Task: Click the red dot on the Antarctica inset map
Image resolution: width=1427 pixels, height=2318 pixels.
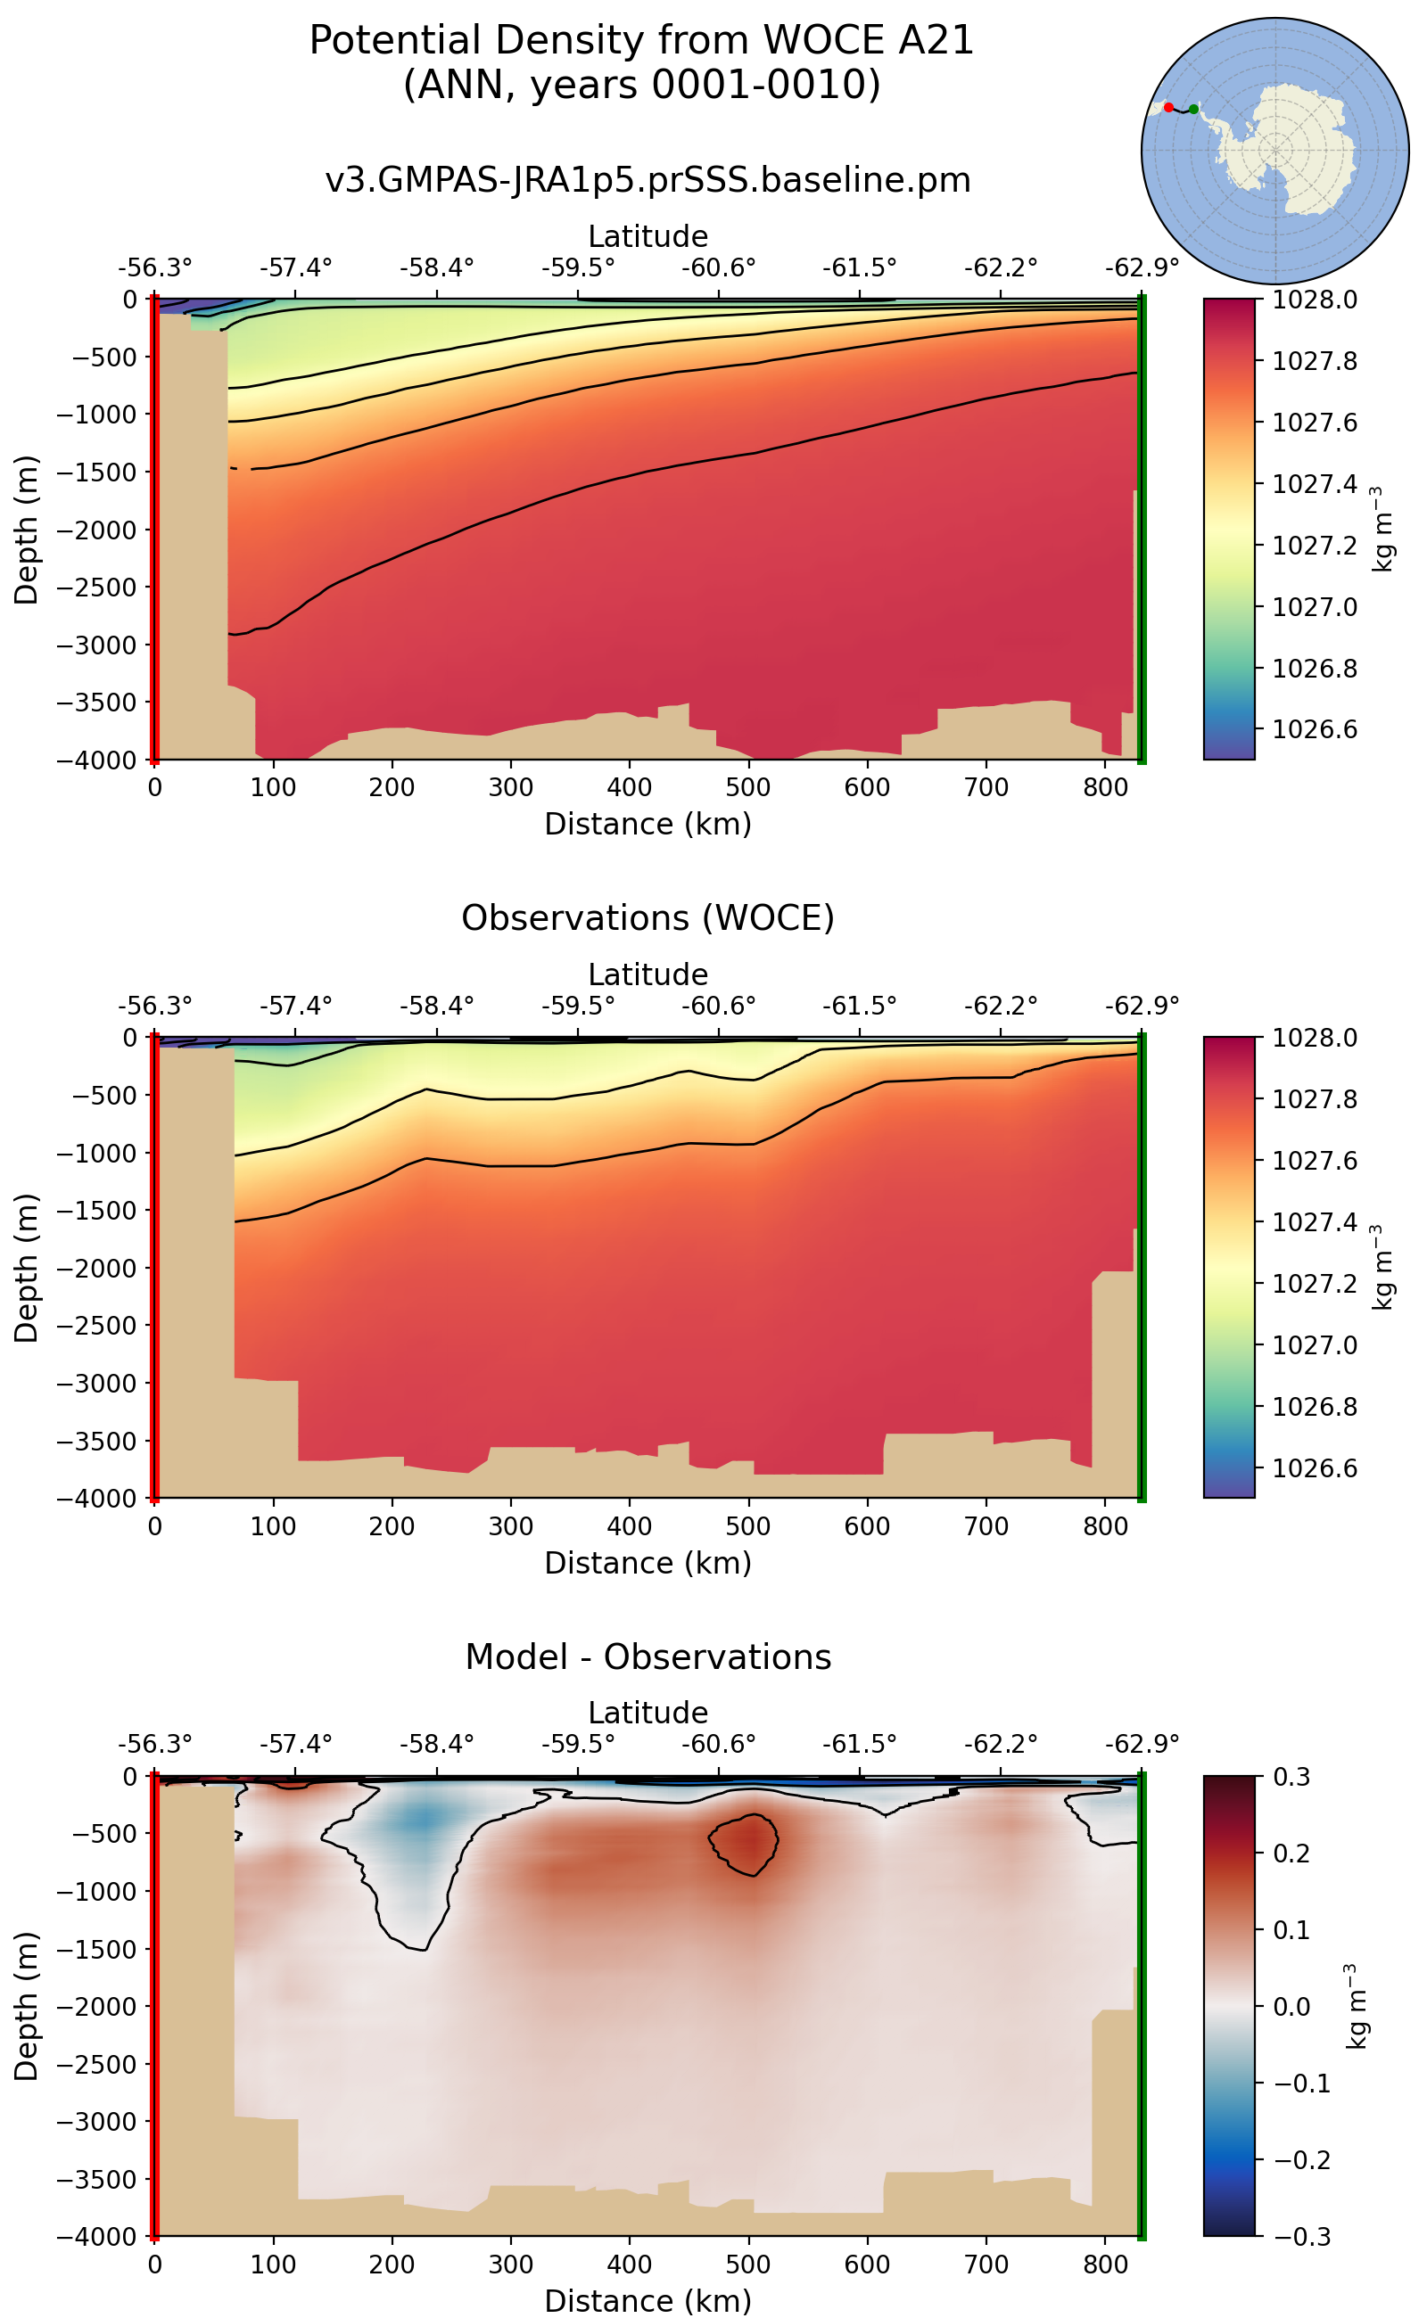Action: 1168,108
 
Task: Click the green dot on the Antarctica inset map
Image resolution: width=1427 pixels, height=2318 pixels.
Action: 1194,110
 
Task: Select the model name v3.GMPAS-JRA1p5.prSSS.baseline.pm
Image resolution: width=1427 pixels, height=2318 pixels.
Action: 648,179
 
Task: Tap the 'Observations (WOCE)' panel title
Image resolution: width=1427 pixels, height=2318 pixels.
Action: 648,918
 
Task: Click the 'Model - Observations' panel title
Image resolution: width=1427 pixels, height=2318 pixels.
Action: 648,1656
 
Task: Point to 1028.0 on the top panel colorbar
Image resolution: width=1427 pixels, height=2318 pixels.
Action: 1315,300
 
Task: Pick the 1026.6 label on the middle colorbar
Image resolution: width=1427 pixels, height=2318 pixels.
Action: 1315,1468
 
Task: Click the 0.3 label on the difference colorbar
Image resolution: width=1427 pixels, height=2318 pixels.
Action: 1292,1778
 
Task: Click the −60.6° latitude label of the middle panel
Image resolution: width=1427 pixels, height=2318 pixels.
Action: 718,1006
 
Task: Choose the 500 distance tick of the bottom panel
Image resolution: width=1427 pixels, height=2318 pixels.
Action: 748,2265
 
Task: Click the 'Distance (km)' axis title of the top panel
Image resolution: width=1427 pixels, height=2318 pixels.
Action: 648,824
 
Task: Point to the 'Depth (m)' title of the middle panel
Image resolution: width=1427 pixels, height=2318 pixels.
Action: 27,1268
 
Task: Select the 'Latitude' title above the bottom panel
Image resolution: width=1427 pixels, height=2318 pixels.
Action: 648,1713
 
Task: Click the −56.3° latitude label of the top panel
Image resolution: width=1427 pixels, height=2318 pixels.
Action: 155,267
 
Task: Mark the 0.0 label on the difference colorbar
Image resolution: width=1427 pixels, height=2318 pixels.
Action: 1291,2007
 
